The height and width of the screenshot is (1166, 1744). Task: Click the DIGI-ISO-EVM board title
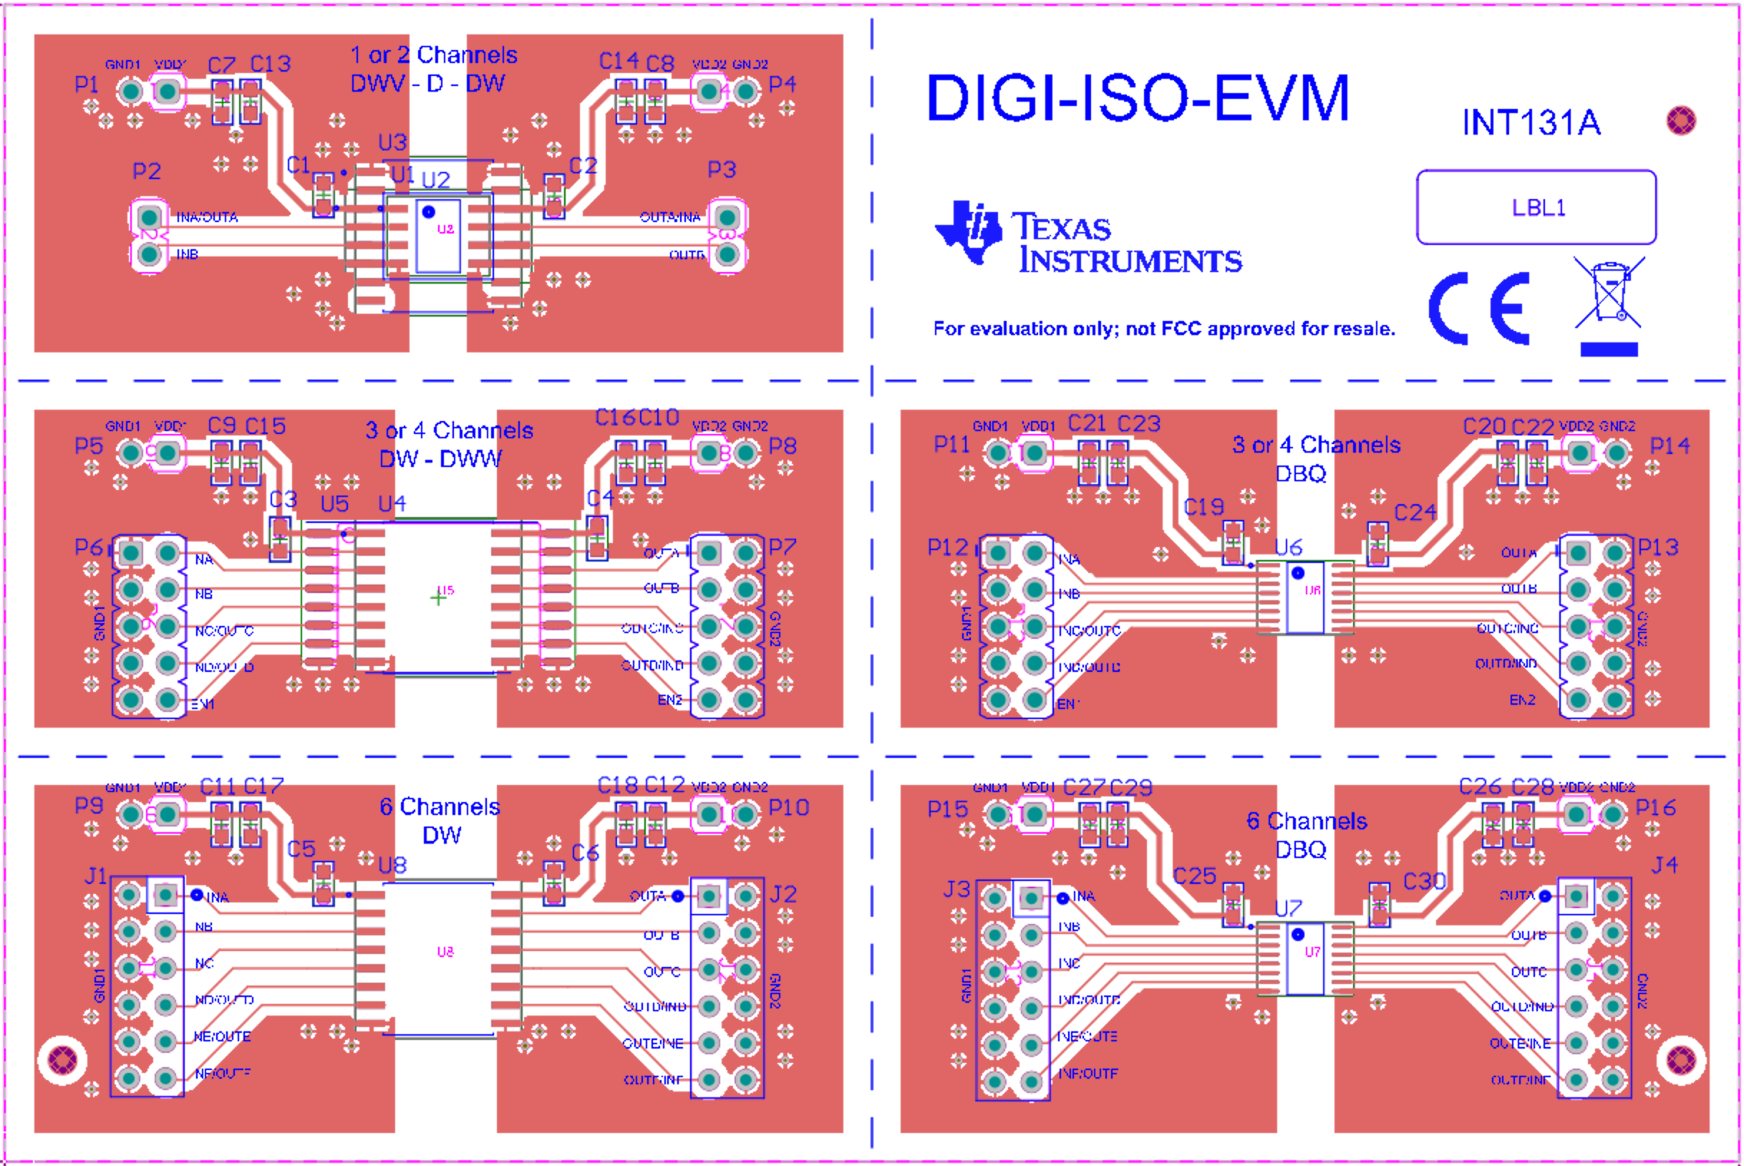tap(1137, 98)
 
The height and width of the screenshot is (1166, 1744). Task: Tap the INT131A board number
tap(1531, 122)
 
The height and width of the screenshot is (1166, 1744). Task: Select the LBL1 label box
tap(1536, 208)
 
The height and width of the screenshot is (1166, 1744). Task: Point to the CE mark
tap(1479, 309)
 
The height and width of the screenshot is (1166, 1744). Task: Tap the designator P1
tap(87, 84)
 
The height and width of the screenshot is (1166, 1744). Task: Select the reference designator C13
tap(270, 64)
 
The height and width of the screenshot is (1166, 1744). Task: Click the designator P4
tap(782, 84)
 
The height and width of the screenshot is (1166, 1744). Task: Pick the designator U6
tap(1287, 547)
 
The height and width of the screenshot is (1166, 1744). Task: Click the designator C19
tap(1203, 507)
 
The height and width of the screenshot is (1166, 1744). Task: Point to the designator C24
tap(1415, 512)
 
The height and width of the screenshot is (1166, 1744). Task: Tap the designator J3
tap(956, 890)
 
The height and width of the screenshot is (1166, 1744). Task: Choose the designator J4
tap(1665, 865)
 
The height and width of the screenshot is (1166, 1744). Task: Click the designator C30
tap(1423, 882)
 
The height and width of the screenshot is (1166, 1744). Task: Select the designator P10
tap(788, 808)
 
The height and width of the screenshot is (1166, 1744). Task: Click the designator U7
tap(1287, 909)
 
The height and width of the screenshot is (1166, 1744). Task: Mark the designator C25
tap(1195, 876)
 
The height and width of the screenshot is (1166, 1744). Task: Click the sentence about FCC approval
tap(1163, 329)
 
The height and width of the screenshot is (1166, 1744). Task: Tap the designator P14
tap(1670, 446)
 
